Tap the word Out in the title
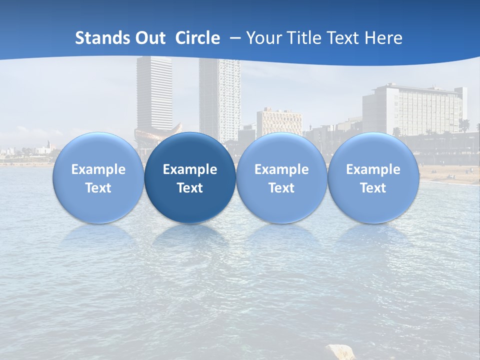151,38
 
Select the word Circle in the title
197,38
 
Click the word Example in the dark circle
190,169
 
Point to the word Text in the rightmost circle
373,188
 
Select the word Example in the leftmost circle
98,169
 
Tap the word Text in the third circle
281,188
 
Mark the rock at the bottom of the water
340,351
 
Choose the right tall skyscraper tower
219,97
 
